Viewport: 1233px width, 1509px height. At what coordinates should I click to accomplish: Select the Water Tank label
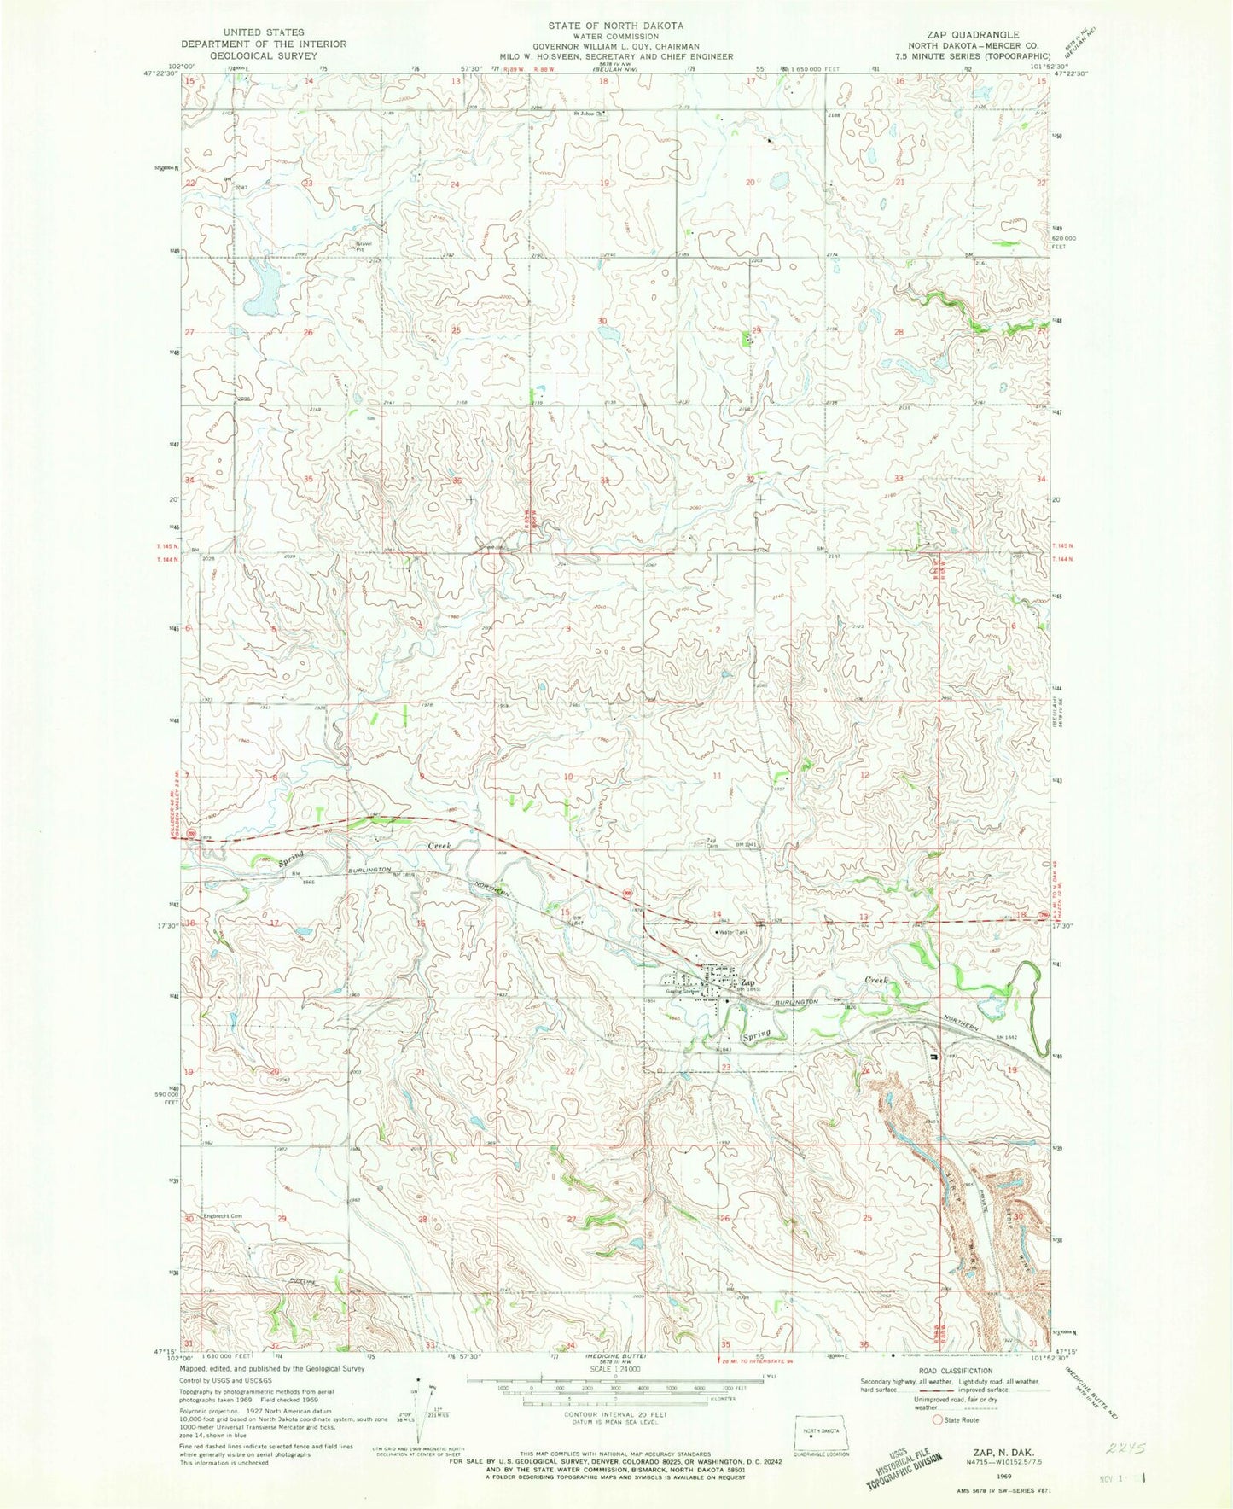click(x=733, y=932)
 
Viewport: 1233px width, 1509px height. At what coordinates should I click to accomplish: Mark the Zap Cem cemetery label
click(x=711, y=842)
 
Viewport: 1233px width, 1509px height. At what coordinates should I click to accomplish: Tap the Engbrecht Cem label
click(x=223, y=1216)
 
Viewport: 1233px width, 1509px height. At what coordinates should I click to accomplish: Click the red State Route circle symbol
click(x=939, y=1419)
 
